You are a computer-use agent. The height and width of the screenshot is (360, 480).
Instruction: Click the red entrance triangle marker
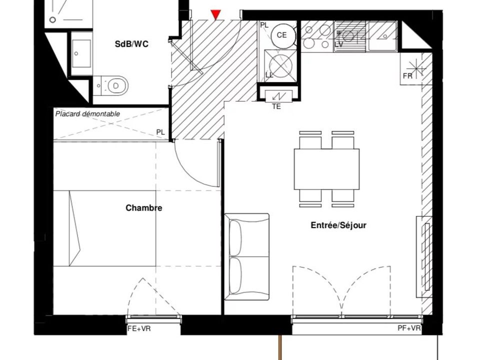point(216,14)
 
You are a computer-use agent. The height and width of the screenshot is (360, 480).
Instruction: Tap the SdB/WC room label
point(131,44)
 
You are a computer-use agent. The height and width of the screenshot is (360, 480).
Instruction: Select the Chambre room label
point(144,208)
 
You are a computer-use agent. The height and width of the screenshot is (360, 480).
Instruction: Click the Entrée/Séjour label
point(338,225)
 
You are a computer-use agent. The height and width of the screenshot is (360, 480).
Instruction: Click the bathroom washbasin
point(81,53)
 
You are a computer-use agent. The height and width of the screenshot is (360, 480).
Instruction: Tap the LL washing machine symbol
point(280,66)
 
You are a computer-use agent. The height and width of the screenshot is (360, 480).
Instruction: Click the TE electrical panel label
point(276,107)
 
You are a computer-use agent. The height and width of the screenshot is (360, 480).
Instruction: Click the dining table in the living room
point(326,169)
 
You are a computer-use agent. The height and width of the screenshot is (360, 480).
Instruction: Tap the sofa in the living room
point(247,256)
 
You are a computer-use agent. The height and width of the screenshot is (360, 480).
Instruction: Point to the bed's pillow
point(74,228)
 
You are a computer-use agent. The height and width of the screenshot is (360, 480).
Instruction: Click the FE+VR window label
point(139,329)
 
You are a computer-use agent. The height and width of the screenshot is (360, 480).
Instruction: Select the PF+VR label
point(409,328)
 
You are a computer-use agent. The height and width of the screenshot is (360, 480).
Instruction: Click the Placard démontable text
point(87,114)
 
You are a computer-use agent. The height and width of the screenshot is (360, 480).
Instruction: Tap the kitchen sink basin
point(383,36)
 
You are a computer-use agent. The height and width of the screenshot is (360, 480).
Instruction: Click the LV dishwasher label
point(339,44)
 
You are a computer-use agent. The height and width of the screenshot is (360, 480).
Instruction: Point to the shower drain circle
point(52,20)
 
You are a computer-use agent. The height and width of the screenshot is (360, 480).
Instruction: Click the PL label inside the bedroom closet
point(160,132)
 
